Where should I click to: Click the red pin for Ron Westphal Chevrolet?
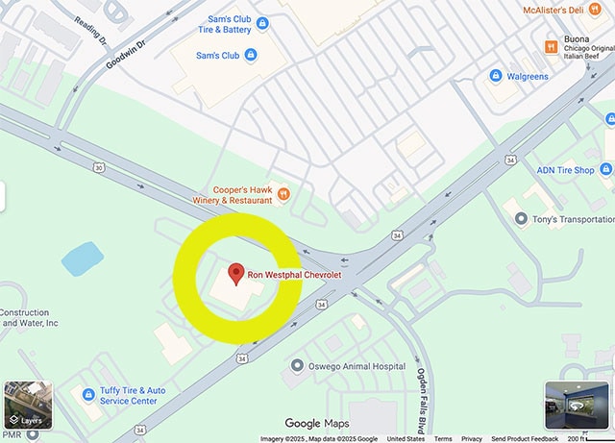(x=235, y=273)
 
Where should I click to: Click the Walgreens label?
(x=529, y=75)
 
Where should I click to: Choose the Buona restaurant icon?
(x=552, y=45)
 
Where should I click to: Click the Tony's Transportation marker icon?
(x=521, y=219)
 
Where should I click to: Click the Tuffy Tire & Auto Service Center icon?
(x=89, y=392)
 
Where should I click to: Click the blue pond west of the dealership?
(x=82, y=258)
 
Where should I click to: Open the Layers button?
(x=27, y=406)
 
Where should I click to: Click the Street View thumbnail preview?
(x=577, y=406)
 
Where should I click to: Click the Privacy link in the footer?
(x=472, y=438)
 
